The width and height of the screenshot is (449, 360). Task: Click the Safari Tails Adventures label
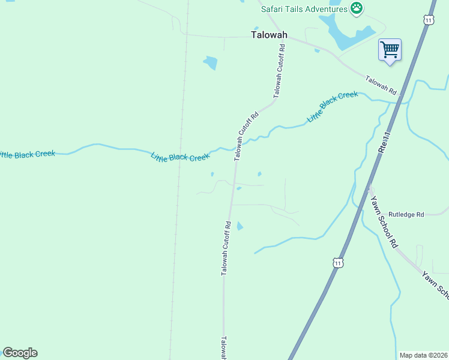pyautogui.click(x=304, y=9)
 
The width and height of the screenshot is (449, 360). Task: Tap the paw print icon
pyautogui.click(x=357, y=8)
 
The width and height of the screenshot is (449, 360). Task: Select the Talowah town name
pyautogui.click(x=268, y=35)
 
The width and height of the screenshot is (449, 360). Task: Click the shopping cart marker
pyautogui.click(x=390, y=49)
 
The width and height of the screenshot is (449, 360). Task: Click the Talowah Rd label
pyautogui.click(x=382, y=85)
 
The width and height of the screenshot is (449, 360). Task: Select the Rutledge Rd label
pyautogui.click(x=406, y=214)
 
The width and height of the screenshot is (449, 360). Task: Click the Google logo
pyautogui.click(x=20, y=353)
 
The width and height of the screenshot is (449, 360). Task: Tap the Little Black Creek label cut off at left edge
pyautogui.click(x=27, y=154)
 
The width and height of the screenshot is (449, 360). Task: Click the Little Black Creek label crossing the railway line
pyautogui.click(x=180, y=157)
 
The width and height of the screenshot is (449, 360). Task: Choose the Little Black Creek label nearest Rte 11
pyautogui.click(x=332, y=107)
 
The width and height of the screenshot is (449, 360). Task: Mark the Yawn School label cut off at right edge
pyautogui.click(x=436, y=285)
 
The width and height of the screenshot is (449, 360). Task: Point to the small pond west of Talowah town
pyautogui.click(x=210, y=62)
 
